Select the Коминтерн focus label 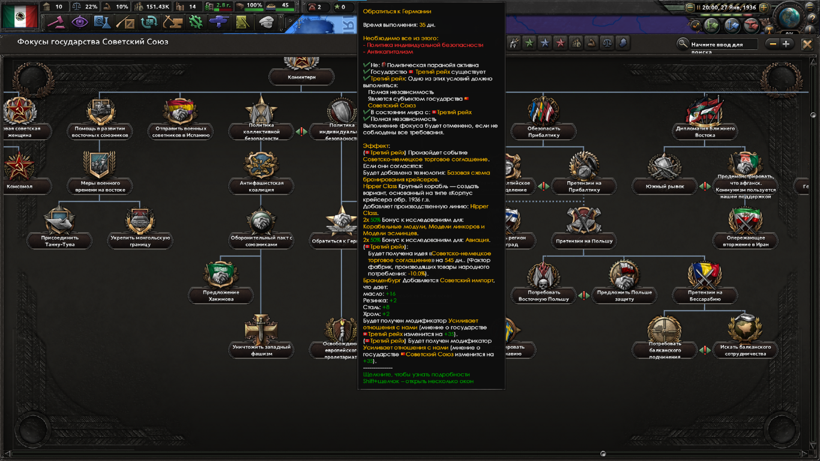(x=301, y=77)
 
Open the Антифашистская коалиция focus (x=261, y=186)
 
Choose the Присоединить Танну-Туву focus (x=60, y=241)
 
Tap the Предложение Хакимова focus (x=222, y=295)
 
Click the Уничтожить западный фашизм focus (x=261, y=350)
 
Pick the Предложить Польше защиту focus (x=624, y=295)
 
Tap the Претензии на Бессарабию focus (x=705, y=295)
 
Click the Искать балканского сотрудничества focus (x=745, y=350)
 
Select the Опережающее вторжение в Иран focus (x=746, y=241)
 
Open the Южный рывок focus (x=665, y=186)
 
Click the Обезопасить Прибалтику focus (x=544, y=131)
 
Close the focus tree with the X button (x=807, y=44)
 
